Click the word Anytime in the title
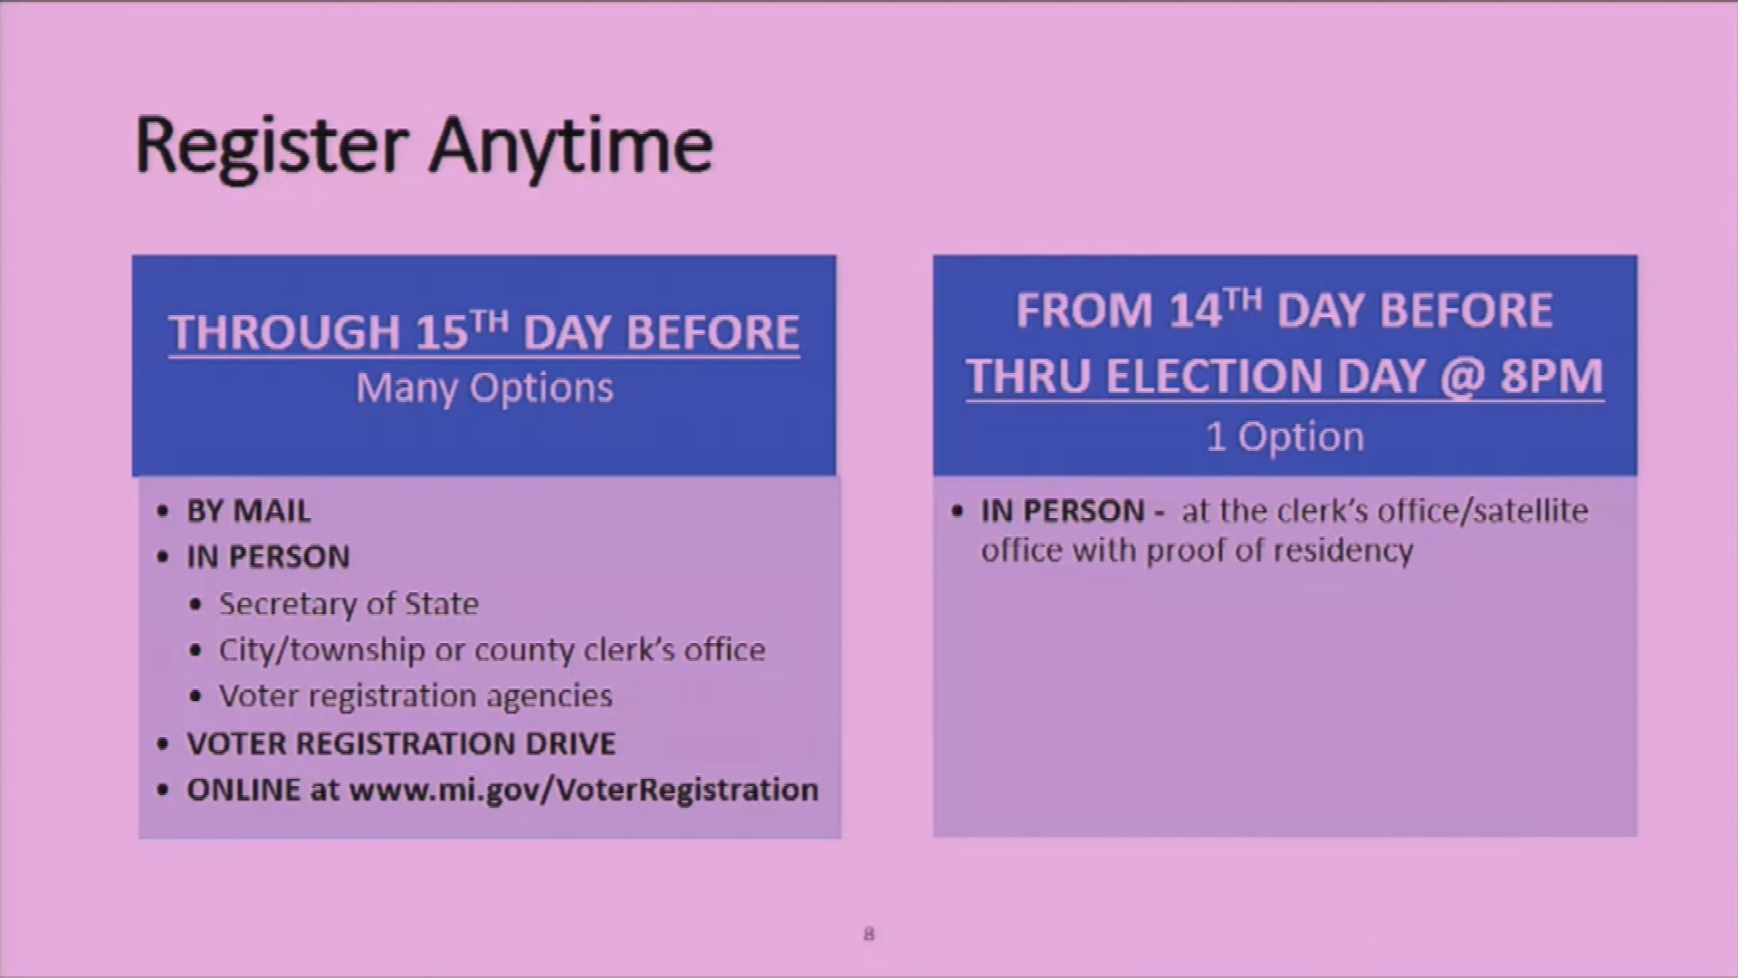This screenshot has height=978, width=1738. coord(571,146)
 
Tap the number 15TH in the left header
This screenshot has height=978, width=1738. coord(462,331)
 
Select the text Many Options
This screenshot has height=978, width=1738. coord(484,388)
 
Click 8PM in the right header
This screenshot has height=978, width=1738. coord(1552,376)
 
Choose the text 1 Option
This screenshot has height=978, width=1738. coord(1284,437)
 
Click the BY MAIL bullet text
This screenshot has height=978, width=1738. coord(249,512)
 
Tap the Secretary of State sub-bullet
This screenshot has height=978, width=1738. coord(349,604)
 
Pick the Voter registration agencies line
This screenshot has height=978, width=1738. coord(415,696)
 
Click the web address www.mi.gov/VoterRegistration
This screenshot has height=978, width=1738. coord(584,790)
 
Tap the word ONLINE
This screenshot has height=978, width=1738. coord(244,790)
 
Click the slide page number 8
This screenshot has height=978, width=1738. coord(869,934)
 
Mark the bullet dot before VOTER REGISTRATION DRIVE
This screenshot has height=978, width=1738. coord(163,744)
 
